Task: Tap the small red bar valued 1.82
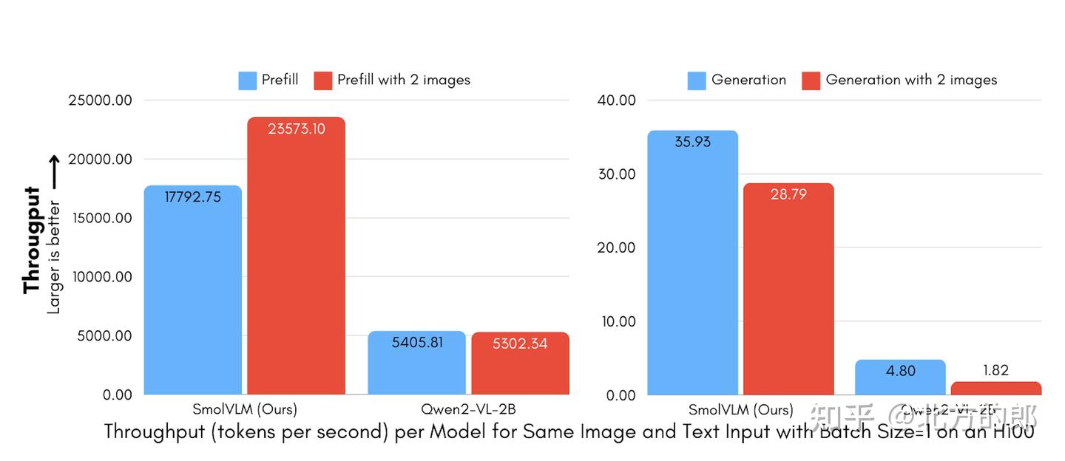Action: pos(995,389)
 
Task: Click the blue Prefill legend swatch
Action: pos(247,81)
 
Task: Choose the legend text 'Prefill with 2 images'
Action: pos(404,80)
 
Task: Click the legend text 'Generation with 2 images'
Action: pos(911,80)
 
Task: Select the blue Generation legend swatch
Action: pos(697,81)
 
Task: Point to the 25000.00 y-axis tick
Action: pos(100,100)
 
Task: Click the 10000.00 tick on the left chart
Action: pos(100,277)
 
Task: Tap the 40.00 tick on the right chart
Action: pos(616,100)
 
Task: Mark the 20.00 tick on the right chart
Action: pos(616,247)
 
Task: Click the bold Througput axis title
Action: pos(31,240)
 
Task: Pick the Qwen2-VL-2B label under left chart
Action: pos(468,409)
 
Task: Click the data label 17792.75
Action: pos(193,197)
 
